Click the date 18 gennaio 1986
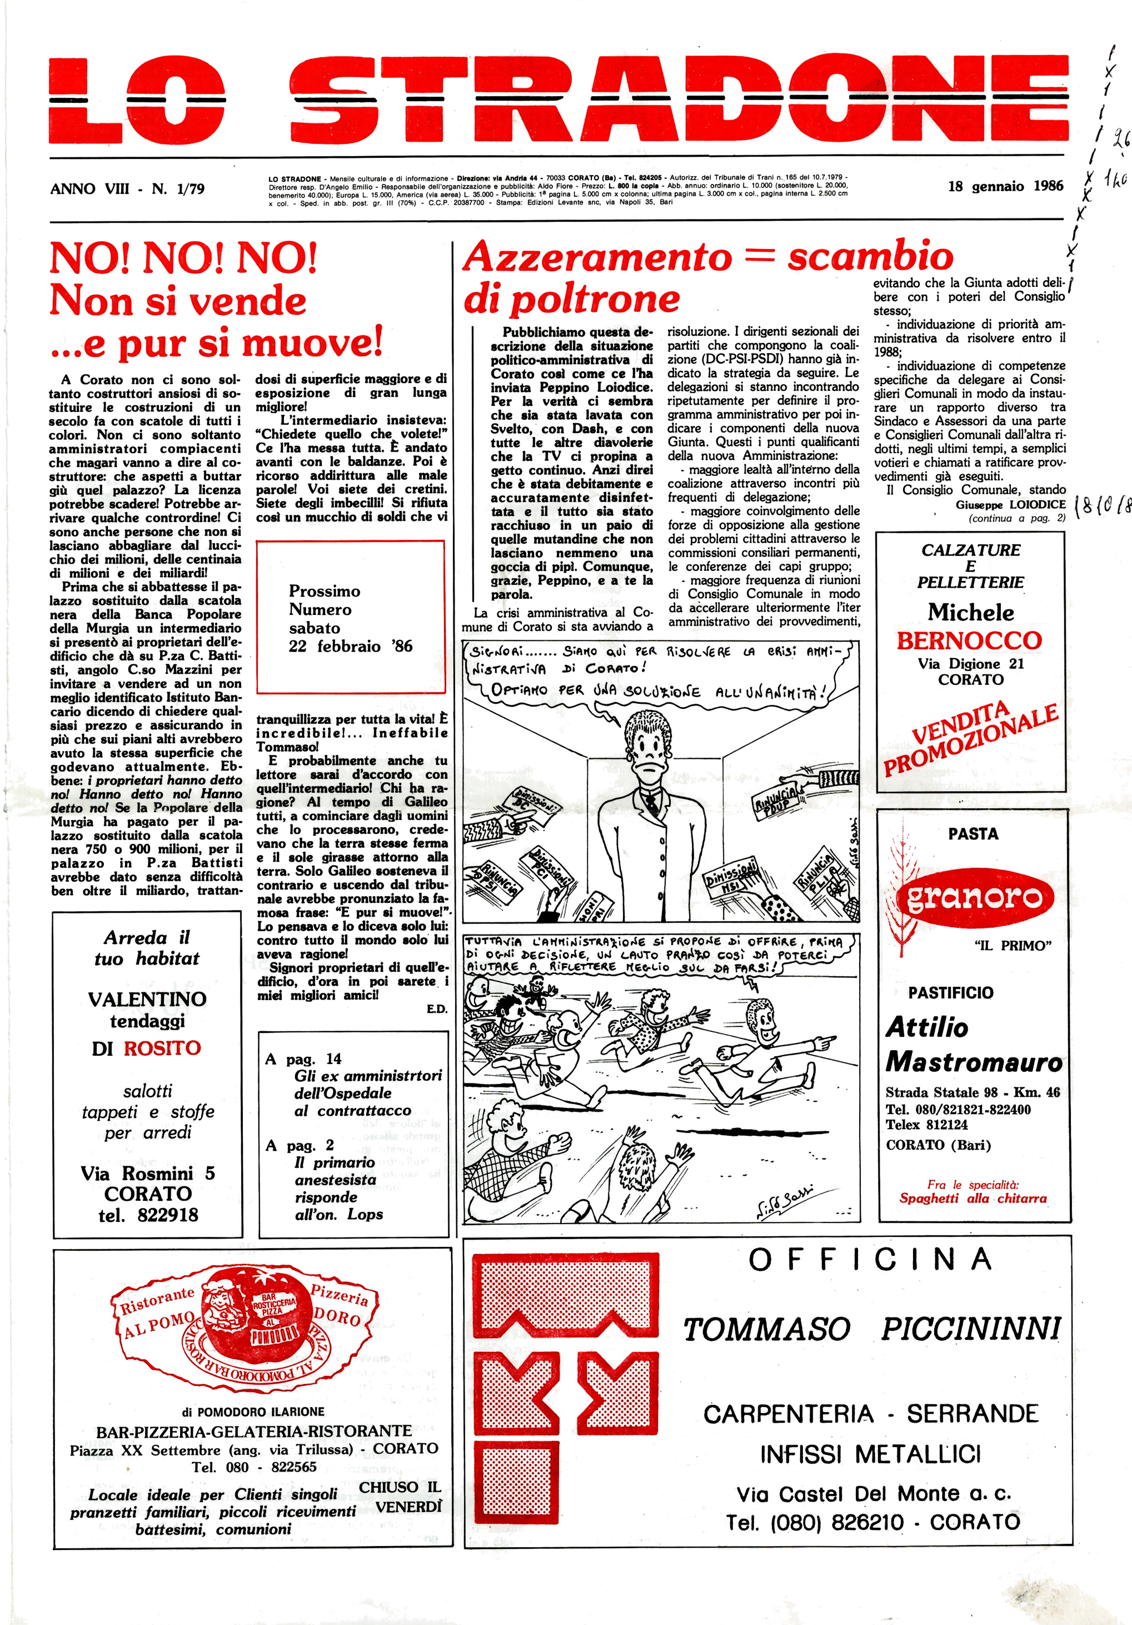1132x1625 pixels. point(1005,186)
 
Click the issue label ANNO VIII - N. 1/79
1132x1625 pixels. point(127,189)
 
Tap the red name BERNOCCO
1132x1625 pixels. point(969,640)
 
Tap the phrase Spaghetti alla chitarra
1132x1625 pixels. point(973,1198)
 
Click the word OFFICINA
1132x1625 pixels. point(870,1260)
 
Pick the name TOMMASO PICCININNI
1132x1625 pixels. point(871,1329)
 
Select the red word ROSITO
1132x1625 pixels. point(162,1047)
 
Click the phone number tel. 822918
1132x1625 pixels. point(148,1215)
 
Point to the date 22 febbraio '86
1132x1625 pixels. point(350,646)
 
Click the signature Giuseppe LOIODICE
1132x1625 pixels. point(1010,505)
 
